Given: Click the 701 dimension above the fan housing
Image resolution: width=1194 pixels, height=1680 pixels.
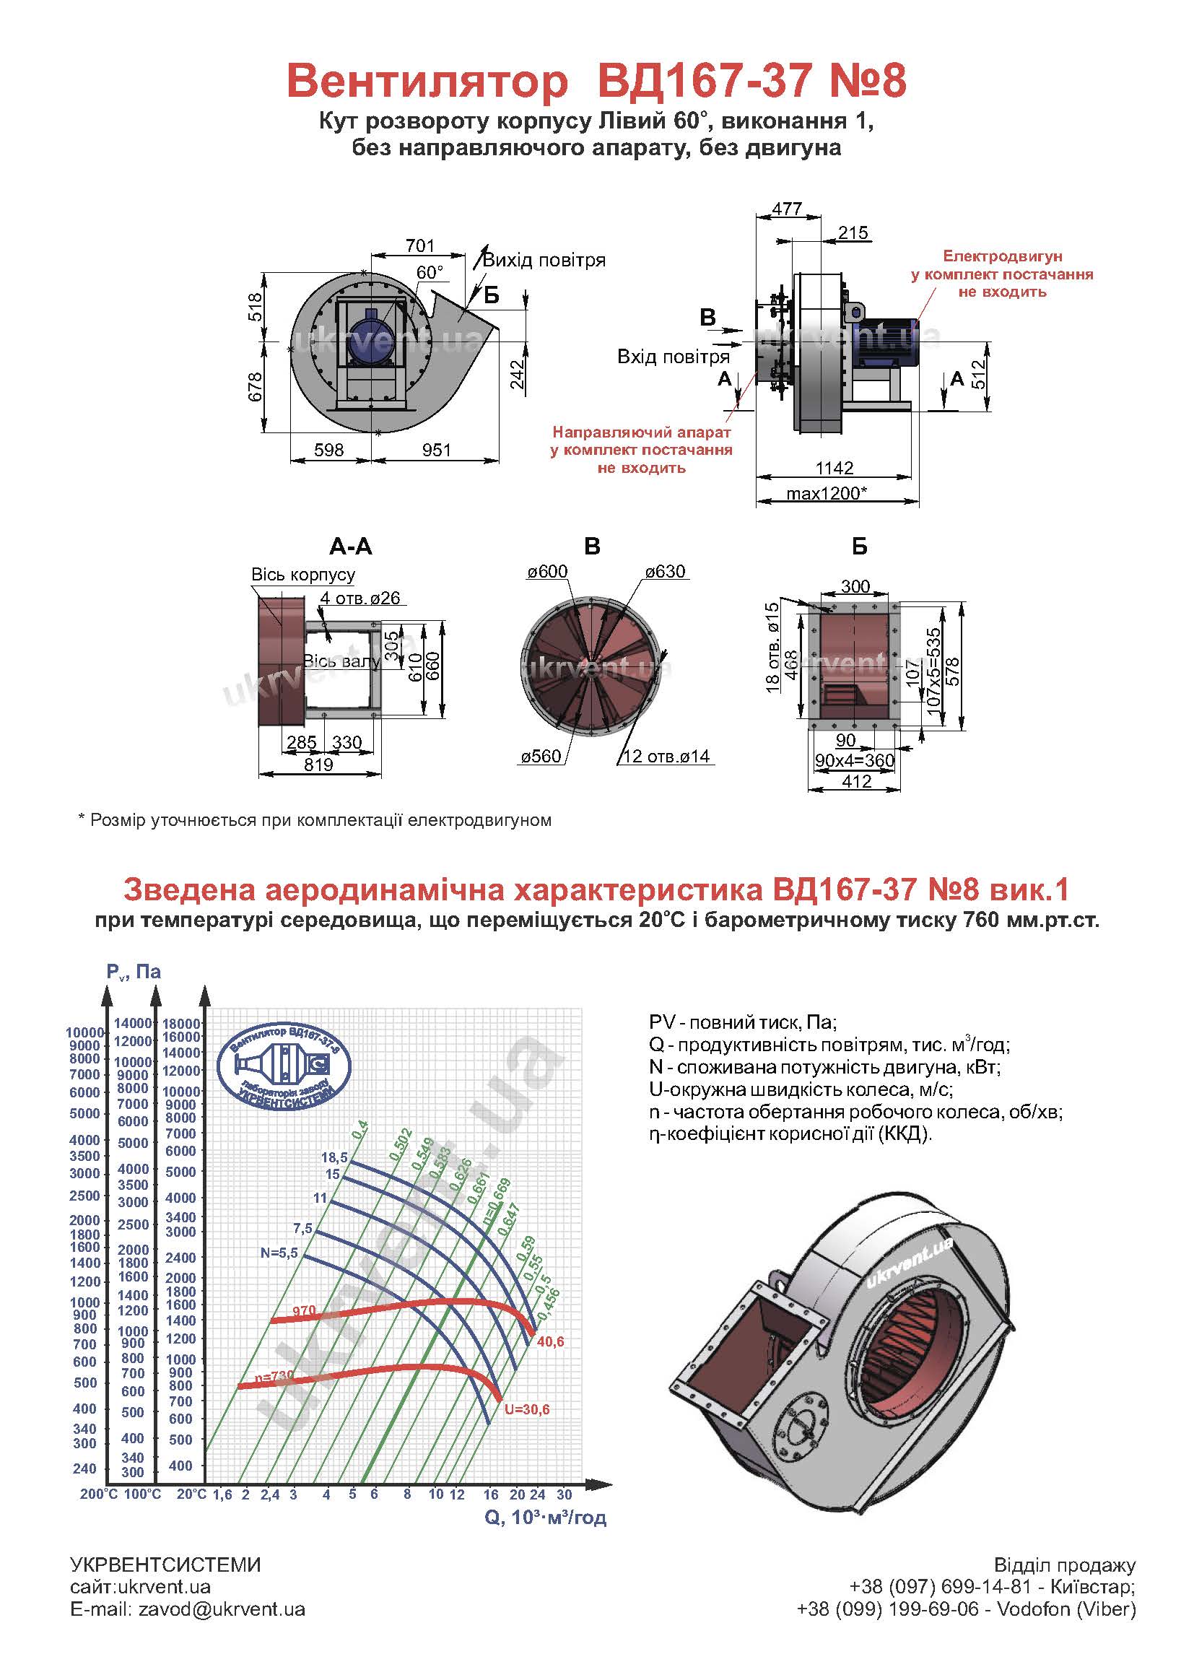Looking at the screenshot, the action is (420, 245).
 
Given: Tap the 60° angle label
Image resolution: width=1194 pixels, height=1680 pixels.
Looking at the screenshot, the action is (430, 273).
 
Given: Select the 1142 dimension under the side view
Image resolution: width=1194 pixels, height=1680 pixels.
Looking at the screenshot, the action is (835, 468).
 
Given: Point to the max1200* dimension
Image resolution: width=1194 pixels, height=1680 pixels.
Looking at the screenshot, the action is (827, 493).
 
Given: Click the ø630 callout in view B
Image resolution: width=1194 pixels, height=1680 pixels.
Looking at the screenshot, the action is (666, 572).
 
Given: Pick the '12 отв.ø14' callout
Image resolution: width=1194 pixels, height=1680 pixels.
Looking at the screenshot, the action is (667, 757).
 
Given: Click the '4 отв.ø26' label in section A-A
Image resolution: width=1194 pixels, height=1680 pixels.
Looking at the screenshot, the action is (360, 599).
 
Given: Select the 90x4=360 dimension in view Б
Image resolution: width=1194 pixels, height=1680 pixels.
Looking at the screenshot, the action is (854, 761).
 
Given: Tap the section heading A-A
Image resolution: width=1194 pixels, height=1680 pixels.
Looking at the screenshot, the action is (351, 547).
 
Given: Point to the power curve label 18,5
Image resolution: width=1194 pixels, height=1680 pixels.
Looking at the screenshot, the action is (334, 1157).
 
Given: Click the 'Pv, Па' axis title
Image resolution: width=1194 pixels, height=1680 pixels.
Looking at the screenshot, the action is (134, 972).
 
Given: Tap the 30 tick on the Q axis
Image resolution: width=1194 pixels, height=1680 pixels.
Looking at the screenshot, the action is (564, 1494).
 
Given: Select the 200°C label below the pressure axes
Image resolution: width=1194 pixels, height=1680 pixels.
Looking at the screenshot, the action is (99, 1494).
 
